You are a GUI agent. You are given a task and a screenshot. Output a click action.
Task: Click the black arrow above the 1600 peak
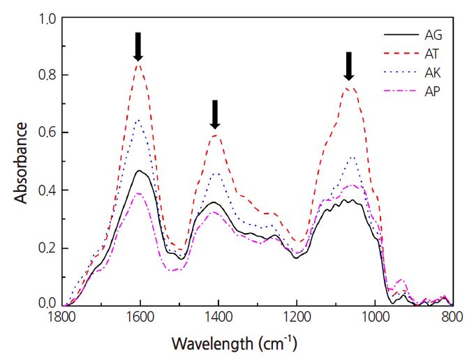click(x=138, y=46)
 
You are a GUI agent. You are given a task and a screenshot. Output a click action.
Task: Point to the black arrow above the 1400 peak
click(x=215, y=114)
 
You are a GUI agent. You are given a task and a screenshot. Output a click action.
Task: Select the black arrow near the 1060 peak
click(x=349, y=66)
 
